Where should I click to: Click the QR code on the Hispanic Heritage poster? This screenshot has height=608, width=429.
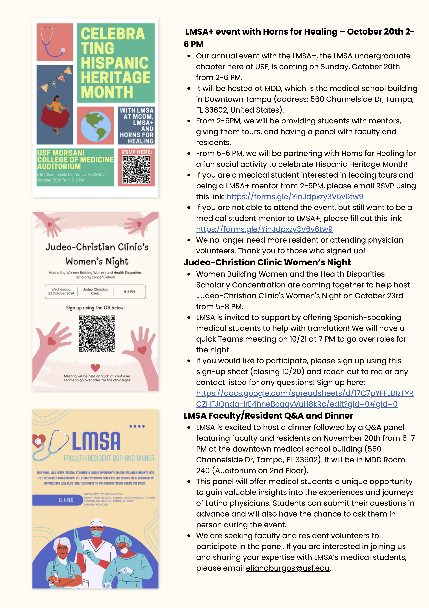(136, 169)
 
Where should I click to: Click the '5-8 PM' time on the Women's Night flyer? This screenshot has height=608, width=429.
(129, 292)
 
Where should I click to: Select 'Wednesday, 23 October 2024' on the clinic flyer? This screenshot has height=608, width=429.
(61, 291)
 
